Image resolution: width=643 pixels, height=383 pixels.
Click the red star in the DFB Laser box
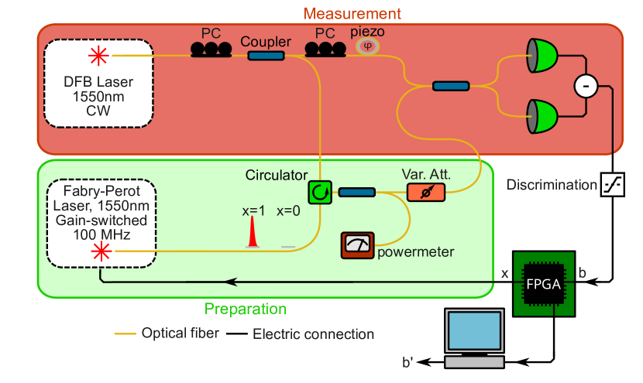pyautogui.click(x=98, y=55)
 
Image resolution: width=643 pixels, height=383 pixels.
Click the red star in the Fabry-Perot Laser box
pyautogui.click(x=101, y=251)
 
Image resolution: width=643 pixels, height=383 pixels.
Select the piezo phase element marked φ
pyautogui.click(x=368, y=46)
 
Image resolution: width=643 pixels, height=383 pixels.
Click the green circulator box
pyautogui.click(x=319, y=192)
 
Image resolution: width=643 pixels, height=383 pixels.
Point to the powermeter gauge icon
pyautogui.click(x=358, y=245)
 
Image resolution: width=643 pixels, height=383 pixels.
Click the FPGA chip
pyautogui.click(x=545, y=283)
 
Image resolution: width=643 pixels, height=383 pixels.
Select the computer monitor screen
pyautogui.click(x=475, y=332)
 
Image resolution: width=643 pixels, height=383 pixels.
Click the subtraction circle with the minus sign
pyautogui.click(x=585, y=86)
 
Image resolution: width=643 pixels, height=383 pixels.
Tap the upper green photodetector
pyautogui.click(x=543, y=54)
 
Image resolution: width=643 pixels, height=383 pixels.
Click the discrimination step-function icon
pyautogui.click(x=612, y=185)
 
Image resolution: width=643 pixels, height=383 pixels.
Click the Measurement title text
pyautogui.click(x=352, y=13)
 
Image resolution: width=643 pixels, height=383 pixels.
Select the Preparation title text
pyautogui.click(x=245, y=309)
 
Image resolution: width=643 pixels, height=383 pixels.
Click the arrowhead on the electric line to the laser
pyautogui.click(x=229, y=281)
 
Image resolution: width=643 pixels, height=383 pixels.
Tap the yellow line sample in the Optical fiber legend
pyautogui.click(x=126, y=334)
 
